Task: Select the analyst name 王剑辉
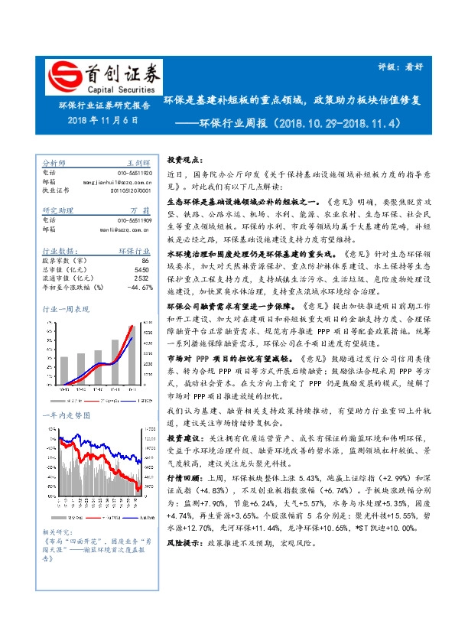click(138, 163)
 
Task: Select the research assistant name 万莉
click(141, 210)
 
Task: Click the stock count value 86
click(145, 260)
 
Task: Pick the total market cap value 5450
click(141, 269)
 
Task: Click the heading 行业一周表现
click(66, 309)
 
